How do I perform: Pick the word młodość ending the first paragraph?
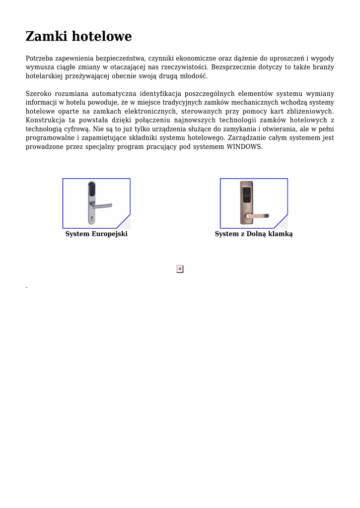coord(192,76)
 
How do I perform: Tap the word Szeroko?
coord(38,94)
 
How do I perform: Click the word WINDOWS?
coord(244,147)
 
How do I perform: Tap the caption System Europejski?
coord(96,234)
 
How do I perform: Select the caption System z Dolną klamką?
coord(254,234)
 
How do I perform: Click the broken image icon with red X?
coord(180,269)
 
